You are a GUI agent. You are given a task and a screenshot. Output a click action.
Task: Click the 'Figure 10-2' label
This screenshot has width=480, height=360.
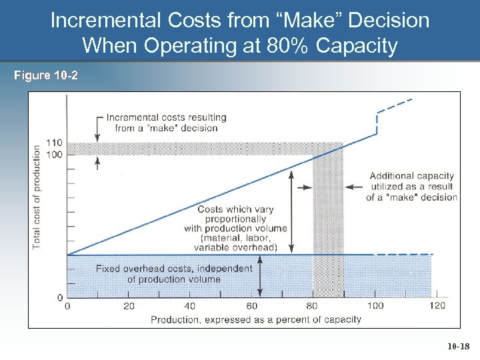point(45,75)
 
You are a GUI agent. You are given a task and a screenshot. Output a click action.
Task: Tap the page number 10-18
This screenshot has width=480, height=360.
point(458,347)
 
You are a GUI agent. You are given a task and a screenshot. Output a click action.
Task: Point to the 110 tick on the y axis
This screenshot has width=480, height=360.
point(55,143)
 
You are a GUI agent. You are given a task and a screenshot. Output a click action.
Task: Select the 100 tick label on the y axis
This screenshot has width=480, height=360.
point(55,155)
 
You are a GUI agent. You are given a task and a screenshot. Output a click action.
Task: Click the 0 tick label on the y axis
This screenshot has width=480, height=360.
point(60,297)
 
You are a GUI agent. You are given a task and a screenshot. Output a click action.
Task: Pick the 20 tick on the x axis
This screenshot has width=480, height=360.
point(129,306)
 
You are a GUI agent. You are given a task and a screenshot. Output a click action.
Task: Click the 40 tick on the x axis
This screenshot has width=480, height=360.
point(190,306)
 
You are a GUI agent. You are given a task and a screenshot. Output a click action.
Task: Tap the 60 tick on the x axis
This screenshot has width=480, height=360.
point(251,306)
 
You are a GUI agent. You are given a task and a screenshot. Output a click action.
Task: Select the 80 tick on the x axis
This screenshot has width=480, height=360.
point(313,306)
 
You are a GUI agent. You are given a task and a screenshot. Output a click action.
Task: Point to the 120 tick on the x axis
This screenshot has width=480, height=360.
point(437,306)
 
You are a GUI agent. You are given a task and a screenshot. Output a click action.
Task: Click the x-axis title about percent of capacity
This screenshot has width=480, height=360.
point(255,319)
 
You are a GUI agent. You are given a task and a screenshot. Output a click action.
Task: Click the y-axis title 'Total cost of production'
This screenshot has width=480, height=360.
point(37,197)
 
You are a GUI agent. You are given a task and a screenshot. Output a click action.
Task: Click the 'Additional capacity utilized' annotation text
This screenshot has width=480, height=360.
point(411,187)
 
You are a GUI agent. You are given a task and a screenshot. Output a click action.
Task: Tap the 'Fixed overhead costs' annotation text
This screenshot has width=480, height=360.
point(174,274)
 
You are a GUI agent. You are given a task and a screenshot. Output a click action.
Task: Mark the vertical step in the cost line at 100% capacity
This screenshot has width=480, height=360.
point(377,123)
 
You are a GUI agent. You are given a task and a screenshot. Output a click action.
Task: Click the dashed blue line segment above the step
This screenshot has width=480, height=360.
point(395,106)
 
